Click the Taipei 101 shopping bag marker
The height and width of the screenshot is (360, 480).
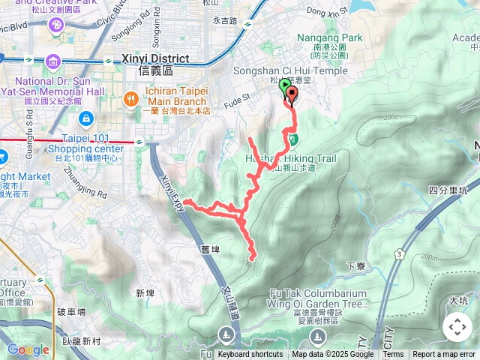pos(85,118)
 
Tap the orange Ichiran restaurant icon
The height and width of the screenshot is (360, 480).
pos(131,97)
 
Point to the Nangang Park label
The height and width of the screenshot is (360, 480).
pos(329,37)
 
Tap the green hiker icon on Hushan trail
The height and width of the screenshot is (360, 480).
pos(293,139)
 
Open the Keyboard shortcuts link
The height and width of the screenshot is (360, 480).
pos(250,355)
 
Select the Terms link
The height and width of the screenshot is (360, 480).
pos(393,355)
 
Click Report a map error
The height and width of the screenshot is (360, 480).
pos(445,355)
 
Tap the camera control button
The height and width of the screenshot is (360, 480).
pos(457,327)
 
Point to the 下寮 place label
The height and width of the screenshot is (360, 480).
pos(356,265)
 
